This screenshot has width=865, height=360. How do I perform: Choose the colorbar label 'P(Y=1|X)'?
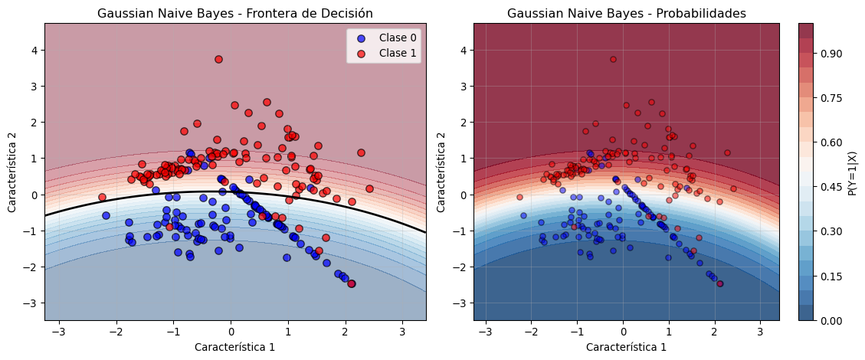tap(853, 172)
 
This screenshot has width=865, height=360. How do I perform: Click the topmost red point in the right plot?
tap(613, 59)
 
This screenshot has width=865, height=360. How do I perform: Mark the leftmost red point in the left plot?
tap(102, 197)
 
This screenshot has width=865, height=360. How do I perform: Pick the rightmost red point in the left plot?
tap(369, 188)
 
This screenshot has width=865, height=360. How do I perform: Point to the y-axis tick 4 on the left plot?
tap(34, 50)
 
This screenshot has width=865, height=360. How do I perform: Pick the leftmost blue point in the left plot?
tap(106, 215)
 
